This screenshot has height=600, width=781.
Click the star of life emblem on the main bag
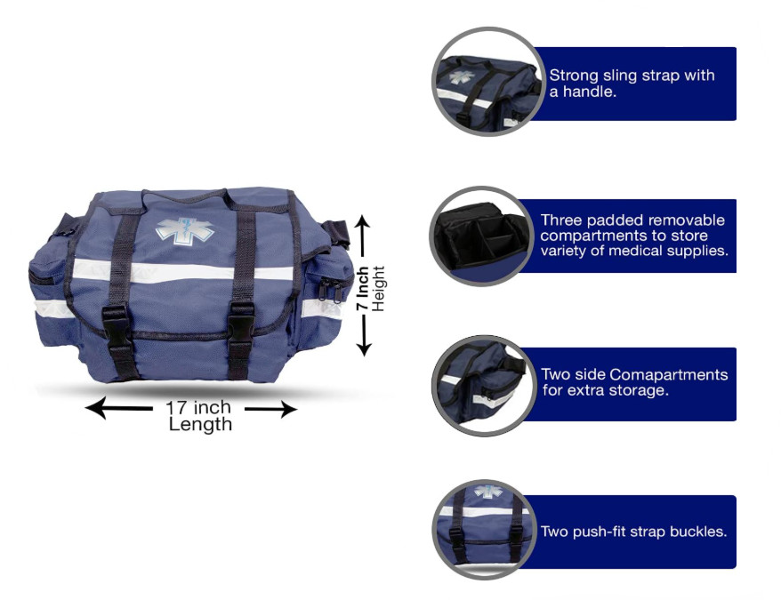[x=184, y=230]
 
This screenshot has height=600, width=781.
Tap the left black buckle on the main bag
[x=116, y=325]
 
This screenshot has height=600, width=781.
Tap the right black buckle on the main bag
[x=241, y=324]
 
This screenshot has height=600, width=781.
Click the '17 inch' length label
[x=198, y=407]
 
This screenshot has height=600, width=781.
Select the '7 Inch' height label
[x=363, y=288]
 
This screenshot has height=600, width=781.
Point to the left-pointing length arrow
[x=119, y=408]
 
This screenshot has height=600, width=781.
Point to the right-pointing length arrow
[x=270, y=409]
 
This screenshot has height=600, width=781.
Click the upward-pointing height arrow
[x=364, y=236]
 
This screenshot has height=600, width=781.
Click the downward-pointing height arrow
[x=364, y=336]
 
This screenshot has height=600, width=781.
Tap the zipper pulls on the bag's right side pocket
[x=330, y=291]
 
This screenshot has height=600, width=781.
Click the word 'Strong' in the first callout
[x=574, y=76]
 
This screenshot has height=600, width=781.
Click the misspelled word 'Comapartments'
[x=668, y=374]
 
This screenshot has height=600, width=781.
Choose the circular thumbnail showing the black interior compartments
[x=481, y=236]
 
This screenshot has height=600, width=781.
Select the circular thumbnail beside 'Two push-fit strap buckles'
[x=484, y=530]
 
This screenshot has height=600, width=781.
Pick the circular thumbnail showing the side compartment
[x=481, y=386]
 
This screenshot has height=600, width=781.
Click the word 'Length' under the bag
[x=200, y=425]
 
